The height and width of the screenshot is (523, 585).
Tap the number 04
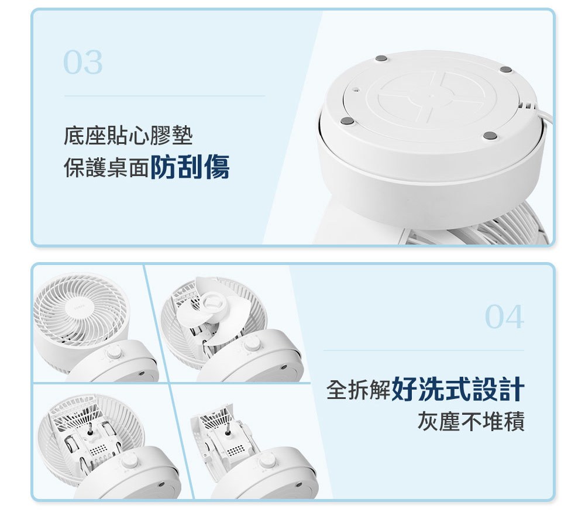click(504, 318)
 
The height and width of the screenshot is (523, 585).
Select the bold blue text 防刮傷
click(190, 167)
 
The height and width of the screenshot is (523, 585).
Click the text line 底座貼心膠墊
click(128, 137)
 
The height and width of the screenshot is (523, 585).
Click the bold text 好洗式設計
click(458, 390)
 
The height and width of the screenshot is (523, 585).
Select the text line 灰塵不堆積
click(470, 421)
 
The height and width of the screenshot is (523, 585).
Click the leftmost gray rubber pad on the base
click(346, 121)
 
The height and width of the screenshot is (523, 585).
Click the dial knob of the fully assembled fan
click(113, 353)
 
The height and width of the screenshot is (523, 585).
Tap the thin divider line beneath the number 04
click(423, 351)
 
